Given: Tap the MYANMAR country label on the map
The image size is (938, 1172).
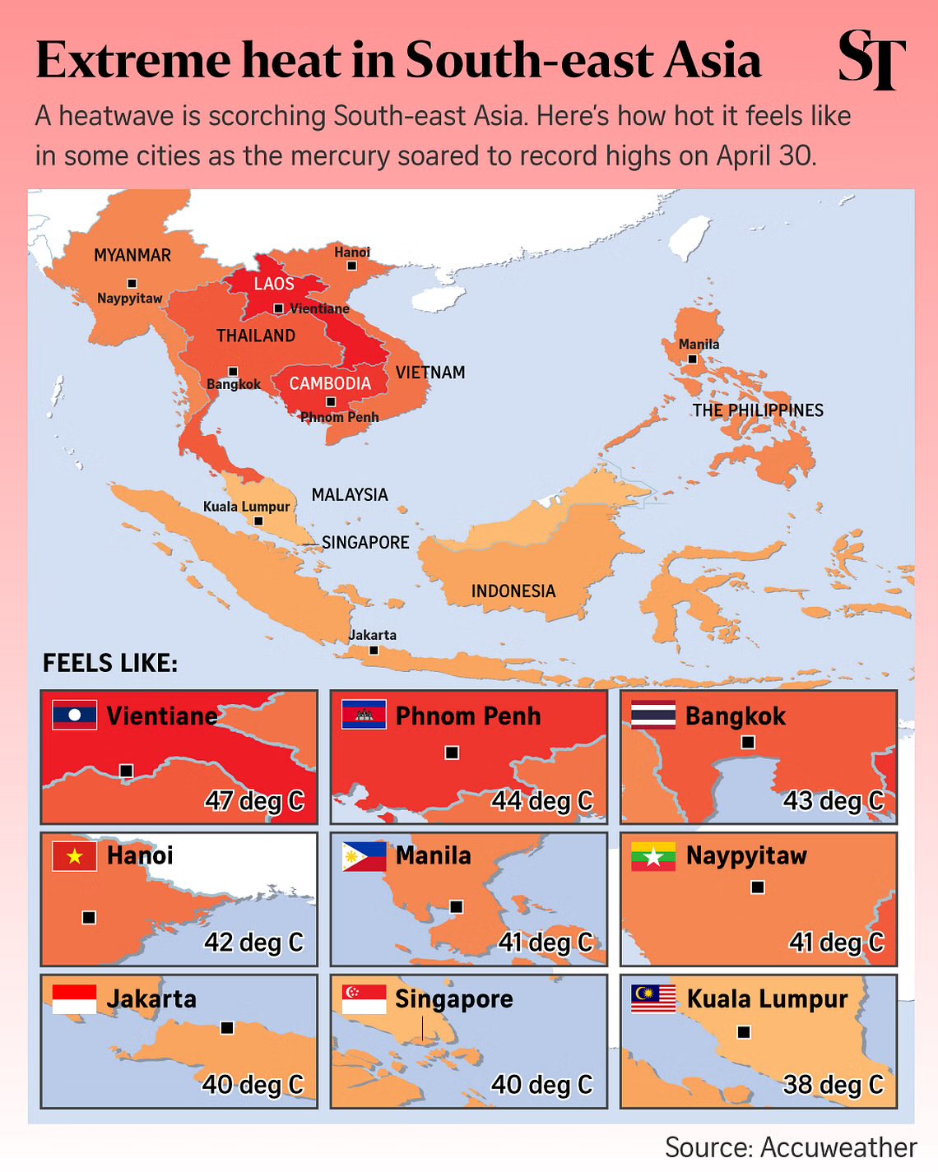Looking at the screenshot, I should tap(132, 255).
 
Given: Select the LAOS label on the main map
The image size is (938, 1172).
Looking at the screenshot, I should tap(274, 284).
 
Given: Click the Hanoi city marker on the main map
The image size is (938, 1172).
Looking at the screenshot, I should tap(352, 266).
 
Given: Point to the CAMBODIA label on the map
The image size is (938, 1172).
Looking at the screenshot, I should tap(330, 383).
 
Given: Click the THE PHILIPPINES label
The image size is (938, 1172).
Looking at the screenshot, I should tap(757, 410).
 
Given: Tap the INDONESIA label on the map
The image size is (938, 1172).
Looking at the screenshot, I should tap(513, 591).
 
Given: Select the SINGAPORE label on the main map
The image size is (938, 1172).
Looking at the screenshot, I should tap(365, 542).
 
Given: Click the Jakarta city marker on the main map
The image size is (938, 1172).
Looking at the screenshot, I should tap(374, 650).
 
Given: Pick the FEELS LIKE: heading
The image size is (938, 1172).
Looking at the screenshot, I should tap(110, 663).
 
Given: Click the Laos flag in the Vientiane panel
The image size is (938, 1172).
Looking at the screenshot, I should tap(74, 715).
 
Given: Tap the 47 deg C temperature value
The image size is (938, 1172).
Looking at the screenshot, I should tap(254, 800).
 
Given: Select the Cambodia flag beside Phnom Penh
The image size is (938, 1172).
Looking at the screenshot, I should tap(364, 715).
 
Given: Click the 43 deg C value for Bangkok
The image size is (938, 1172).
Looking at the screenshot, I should tap(833, 800).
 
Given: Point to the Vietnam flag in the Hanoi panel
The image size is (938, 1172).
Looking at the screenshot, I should tap(74, 856).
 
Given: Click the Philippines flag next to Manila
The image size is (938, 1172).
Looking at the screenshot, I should tap(364, 856).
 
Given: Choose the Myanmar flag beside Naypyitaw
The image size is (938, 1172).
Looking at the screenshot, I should tap(653, 856).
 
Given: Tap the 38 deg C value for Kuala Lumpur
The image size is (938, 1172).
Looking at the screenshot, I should tap(833, 1084).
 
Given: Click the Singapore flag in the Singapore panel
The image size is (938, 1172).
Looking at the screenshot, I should tap(364, 998).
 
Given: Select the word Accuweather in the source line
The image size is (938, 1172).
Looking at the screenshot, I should tap(838, 1147).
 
